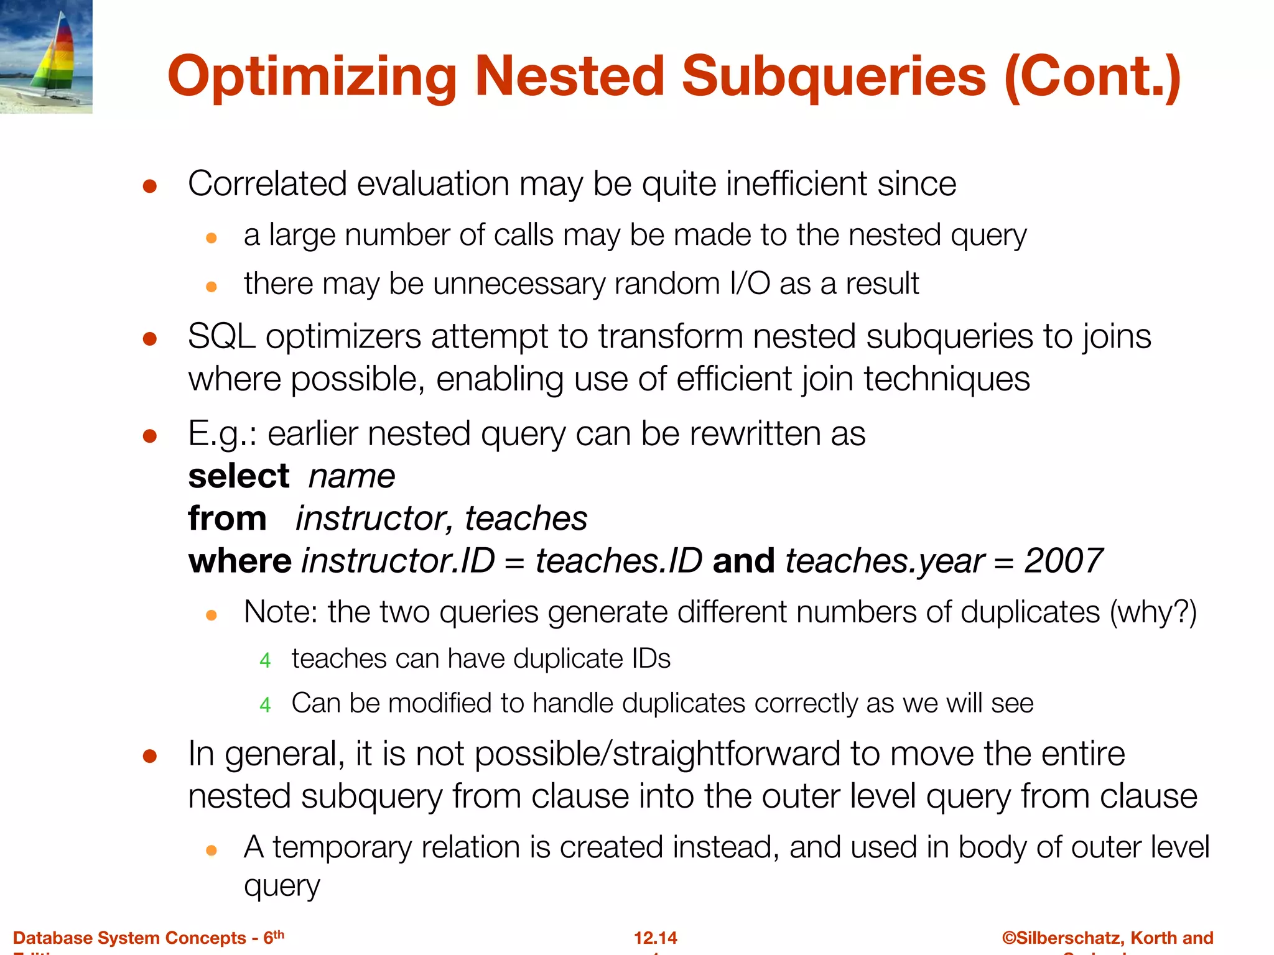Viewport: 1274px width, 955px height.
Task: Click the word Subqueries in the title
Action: point(834,78)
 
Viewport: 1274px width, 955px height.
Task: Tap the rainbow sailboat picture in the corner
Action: point(46,57)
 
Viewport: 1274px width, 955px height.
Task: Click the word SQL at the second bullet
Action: point(221,337)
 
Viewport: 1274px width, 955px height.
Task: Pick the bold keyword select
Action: point(239,477)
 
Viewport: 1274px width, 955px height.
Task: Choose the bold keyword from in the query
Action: point(227,519)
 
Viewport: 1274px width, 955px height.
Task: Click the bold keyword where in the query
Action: point(239,561)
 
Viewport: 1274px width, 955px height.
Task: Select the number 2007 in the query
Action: point(1063,561)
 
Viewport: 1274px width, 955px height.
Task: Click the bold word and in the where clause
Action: point(743,561)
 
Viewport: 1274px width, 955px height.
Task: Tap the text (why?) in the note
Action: point(1153,612)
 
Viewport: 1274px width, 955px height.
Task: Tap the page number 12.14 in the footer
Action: point(655,938)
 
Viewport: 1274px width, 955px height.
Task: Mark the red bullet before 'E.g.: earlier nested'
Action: point(149,436)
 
